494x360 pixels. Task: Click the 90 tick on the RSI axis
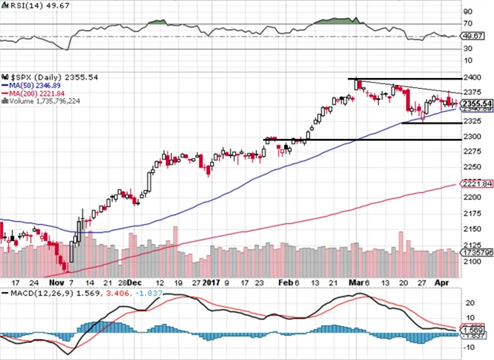click(x=468, y=12)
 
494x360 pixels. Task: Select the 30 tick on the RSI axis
click(x=468, y=48)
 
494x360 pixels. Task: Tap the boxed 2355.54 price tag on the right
click(x=472, y=104)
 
